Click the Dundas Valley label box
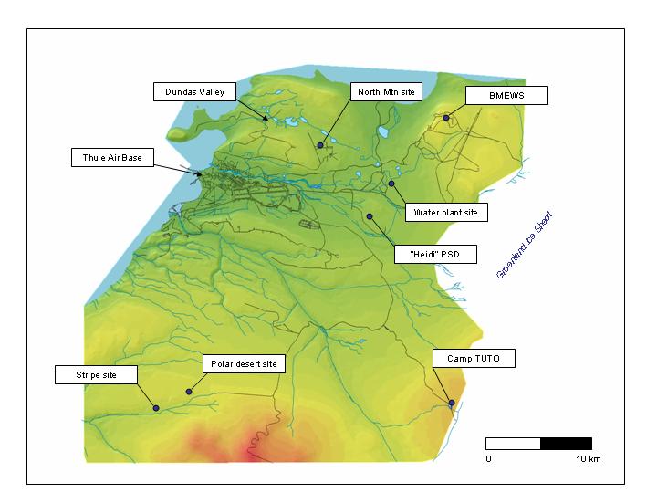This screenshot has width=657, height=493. [194, 91]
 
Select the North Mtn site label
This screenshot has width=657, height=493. [387, 91]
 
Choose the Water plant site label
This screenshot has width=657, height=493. [446, 213]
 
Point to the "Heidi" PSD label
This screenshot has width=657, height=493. [435, 254]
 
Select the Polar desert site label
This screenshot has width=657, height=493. [243, 364]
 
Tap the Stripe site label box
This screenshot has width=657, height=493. [96, 374]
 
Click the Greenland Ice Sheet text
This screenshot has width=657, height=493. [525, 246]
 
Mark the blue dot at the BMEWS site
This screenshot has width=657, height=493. [446, 118]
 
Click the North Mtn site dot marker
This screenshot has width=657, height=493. [320, 145]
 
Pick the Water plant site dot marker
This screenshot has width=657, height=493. [391, 184]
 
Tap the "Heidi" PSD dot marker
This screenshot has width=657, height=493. [370, 216]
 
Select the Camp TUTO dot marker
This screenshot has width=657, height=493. [452, 403]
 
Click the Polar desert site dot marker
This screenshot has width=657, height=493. [189, 392]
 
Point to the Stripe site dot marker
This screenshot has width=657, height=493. [156, 408]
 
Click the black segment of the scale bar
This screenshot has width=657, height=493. [566, 444]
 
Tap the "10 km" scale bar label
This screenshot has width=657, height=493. [588, 458]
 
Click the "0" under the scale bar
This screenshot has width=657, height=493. [488, 458]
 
